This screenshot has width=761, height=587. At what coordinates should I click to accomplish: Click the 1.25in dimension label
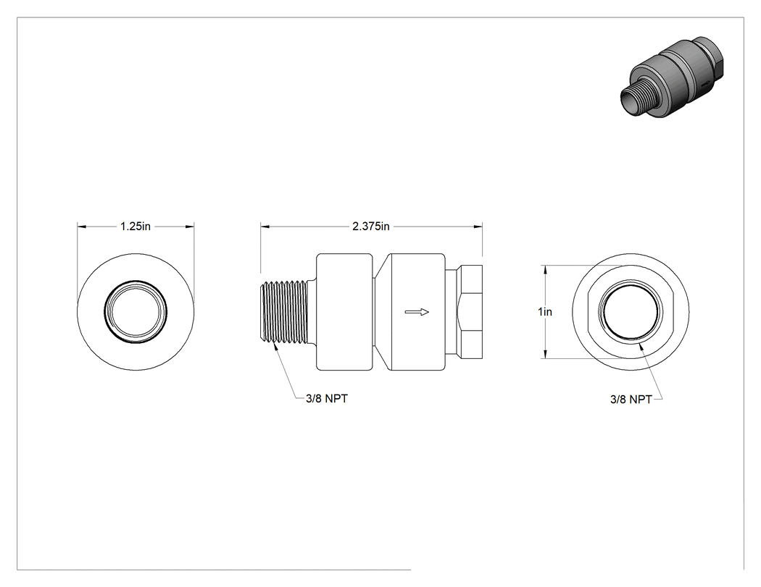[x=136, y=227]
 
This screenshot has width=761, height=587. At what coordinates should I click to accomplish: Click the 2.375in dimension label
[x=371, y=227]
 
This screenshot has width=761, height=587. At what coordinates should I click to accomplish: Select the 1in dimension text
[x=545, y=312]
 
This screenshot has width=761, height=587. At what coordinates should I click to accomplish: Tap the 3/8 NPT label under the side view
[x=327, y=398]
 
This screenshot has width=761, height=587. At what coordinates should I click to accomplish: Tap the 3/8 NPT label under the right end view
[x=631, y=400]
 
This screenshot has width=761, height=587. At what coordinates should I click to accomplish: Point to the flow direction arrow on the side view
[x=417, y=312]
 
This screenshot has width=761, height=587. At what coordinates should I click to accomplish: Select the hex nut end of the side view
[x=470, y=312]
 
